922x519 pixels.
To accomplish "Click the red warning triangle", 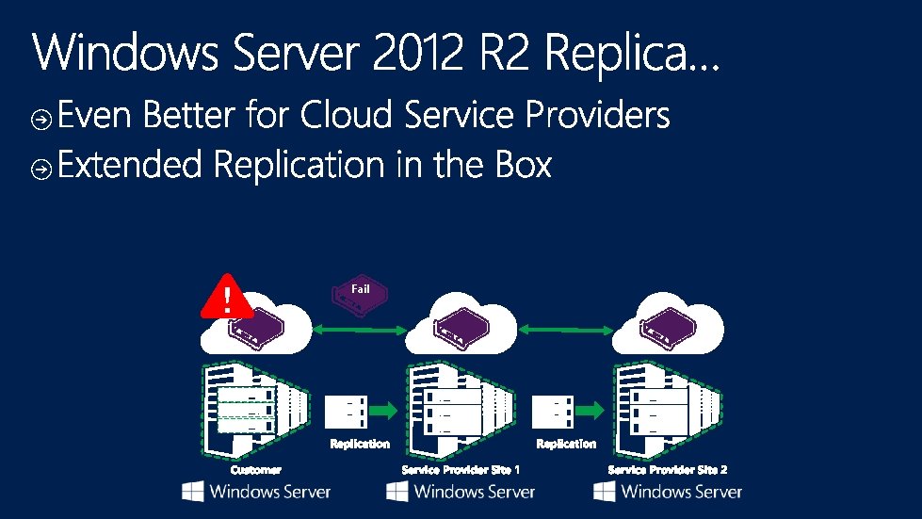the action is pos(227,297).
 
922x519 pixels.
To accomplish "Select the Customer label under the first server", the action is pos(256,470).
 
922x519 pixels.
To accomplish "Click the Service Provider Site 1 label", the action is pos(461,470).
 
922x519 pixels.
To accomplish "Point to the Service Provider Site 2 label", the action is pos(668,470).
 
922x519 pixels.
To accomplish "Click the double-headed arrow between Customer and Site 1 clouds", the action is pos(360,330).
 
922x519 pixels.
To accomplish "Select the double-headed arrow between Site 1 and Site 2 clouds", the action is pos(566,330).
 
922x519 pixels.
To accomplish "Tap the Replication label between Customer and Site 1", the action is pos(360,444).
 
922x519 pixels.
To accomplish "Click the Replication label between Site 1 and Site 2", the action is pos(566,444).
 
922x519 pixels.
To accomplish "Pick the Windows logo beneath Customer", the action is pos(193,492).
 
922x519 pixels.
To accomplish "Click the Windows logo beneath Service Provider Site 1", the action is pos(396,492).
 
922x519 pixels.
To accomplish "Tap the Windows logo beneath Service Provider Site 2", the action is pos(605,492).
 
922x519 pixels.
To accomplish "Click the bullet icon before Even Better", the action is pos(41,120).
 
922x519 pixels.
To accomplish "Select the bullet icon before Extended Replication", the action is pos(41,170).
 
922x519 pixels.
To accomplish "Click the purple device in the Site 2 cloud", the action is pos(668,326).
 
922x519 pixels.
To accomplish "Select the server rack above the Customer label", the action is pos(256,410).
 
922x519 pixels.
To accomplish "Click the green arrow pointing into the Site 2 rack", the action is pos(590,410).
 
